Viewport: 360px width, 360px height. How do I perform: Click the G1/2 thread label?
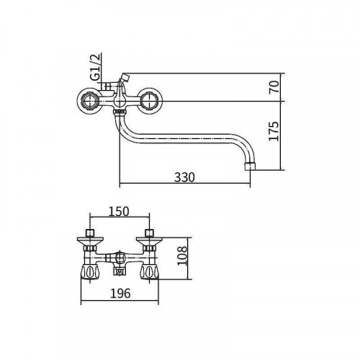pyautogui.click(x=95, y=67)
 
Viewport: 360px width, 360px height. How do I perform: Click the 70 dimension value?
pyautogui.click(x=274, y=87)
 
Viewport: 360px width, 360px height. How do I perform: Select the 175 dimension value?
pyautogui.click(x=274, y=131)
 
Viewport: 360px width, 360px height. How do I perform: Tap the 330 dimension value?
pyautogui.click(x=184, y=177)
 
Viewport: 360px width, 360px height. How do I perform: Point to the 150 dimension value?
pyautogui.click(x=119, y=212)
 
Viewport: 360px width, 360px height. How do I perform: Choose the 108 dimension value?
pyautogui.click(x=182, y=255)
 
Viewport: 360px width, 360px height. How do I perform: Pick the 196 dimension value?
pyautogui.click(x=120, y=293)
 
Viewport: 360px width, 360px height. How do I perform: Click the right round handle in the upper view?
pyautogui.click(x=150, y=101)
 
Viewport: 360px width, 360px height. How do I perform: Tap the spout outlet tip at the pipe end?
pyautogui.click(x=250, y=166)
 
